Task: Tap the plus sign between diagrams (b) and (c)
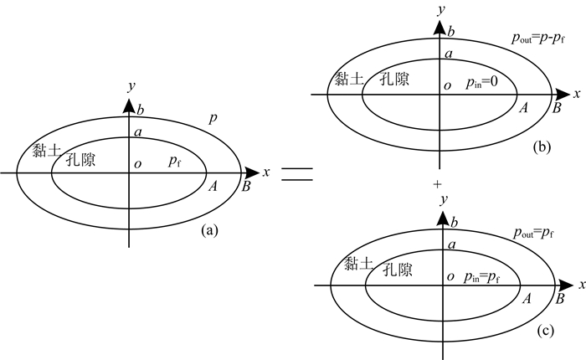click(436, 181)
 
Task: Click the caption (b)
click(542, 147)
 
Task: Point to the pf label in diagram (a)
click(174, 159)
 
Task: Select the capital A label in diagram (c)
click(527, 298)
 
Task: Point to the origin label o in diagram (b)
click(446, 85)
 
